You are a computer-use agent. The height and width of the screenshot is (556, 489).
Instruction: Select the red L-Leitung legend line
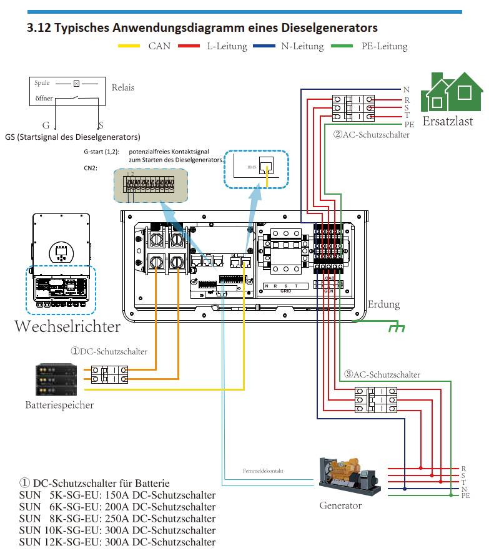[x=188, y=46]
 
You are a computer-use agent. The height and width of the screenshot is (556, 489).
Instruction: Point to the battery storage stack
[x=56, y=379]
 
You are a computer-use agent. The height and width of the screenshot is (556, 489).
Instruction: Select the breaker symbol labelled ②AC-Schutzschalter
[x=353, y=107]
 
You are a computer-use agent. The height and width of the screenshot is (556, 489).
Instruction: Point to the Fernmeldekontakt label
[x=263, y=471]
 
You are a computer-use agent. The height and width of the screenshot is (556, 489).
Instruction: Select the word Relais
[x=123, y=88]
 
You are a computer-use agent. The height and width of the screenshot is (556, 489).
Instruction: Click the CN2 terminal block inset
[x=151, y=184]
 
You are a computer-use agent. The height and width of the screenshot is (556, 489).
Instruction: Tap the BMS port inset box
[x=256, y=169]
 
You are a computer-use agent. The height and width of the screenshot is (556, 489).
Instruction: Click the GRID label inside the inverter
[x=287, y=290]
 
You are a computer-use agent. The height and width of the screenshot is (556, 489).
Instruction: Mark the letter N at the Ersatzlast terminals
[x=407, y=90]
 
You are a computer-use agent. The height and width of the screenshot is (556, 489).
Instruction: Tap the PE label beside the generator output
[x=465, y=495]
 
